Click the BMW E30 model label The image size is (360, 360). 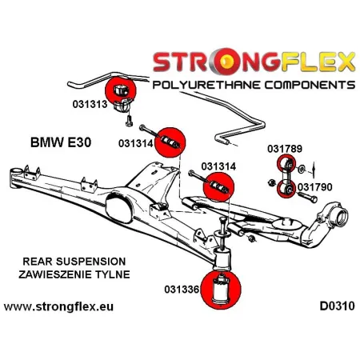coord(54,142)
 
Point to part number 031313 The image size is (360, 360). coord(84,103)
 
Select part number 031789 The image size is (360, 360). coord(286,149)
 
